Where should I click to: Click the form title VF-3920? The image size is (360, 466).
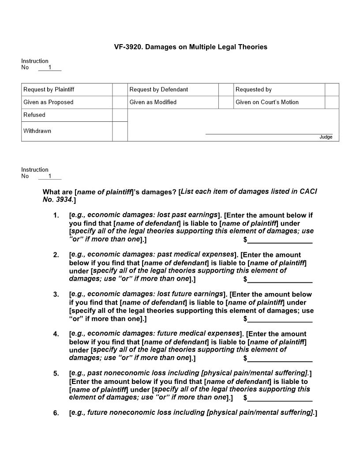pyautogui.click(x=191, y=47)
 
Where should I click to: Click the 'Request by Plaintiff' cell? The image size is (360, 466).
pyautogui.click(x=67, y=90)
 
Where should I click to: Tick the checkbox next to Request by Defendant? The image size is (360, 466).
pyautogui.click(x=226, y=90)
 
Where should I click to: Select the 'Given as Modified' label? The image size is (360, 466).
pyautogui.click(x=153, y=102)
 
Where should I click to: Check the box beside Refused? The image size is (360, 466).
pyautogui.click(x=120, y=115)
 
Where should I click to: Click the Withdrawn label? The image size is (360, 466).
pyautogui.click(x=37, y=131)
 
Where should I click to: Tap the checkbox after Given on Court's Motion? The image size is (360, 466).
pyautogui.click(x=332, y=102)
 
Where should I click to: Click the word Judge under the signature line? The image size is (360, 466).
pyautogui.click(x=326, y=137)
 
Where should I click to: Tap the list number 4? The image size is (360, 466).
pyautogui.click(x=56, y=334)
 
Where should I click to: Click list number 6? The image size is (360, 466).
pyautogui.click(x=56, y=413)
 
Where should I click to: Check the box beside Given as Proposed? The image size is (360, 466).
pyautogui.click(x=120, y=102)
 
